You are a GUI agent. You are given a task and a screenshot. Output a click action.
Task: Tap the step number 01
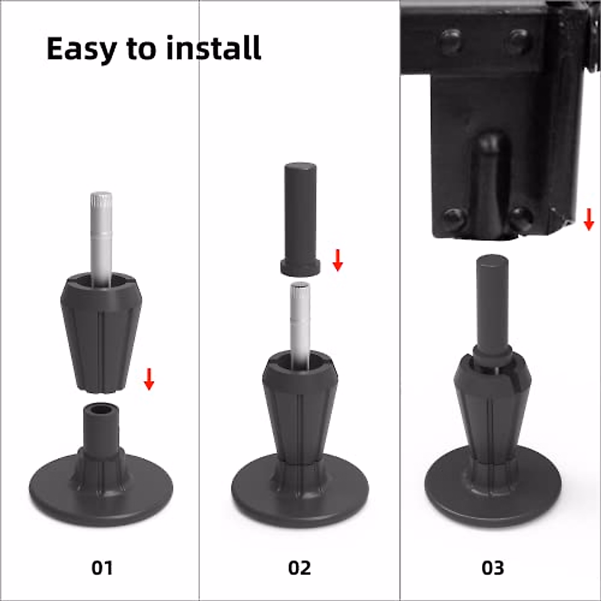(x=102, y=567)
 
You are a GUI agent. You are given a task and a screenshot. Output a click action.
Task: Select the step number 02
(x=299, y=567)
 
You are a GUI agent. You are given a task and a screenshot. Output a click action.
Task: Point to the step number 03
(x=493, y=567)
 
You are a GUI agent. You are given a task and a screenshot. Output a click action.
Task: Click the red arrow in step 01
(x=149, y=379)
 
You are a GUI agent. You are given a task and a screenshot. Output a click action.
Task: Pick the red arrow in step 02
(x=338, y=260)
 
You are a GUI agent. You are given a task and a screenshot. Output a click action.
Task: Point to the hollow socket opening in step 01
(x=101, y=411)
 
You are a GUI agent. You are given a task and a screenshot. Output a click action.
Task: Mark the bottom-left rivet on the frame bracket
(x=455, y=218)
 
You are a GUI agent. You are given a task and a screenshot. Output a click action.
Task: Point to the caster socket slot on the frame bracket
(x=491, y=180)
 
